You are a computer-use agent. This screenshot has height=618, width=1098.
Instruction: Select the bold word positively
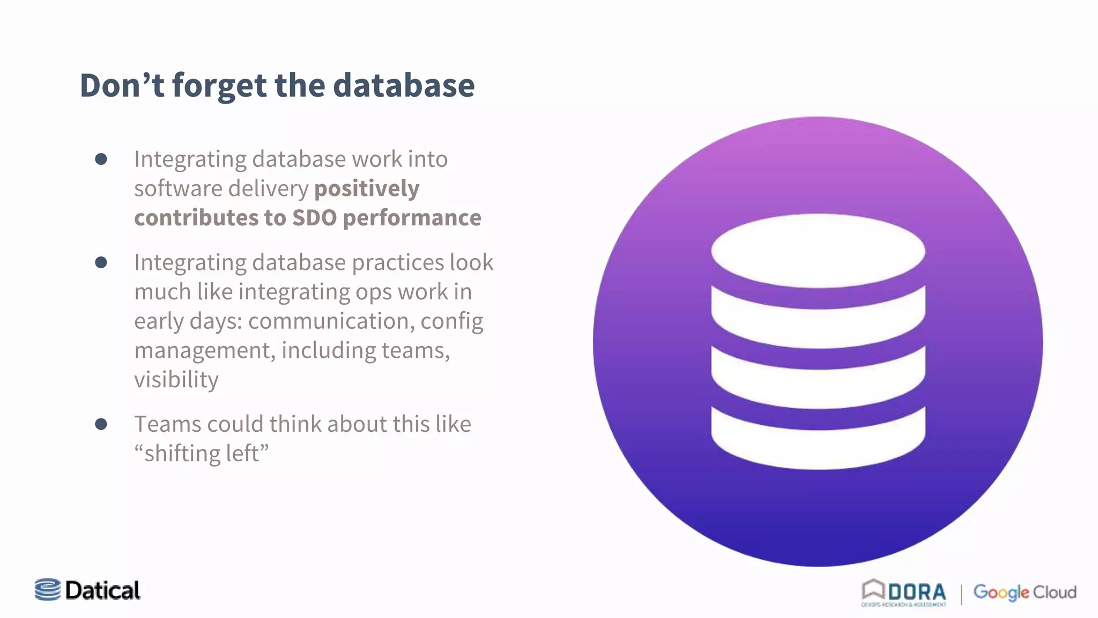[367, 189]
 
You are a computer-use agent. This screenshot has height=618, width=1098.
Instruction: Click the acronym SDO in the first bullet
[314, 218]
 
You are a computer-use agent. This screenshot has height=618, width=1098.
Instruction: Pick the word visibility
[176, 380]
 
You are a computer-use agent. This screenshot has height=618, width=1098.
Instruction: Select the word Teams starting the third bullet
[168, 424]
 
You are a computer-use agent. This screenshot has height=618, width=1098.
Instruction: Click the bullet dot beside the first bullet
[101, 159]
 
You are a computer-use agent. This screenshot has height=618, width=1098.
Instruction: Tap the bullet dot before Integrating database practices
[101, 262]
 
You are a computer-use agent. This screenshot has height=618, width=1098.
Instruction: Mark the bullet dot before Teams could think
[101, 424]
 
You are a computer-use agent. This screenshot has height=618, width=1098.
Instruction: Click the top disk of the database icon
[818, 251]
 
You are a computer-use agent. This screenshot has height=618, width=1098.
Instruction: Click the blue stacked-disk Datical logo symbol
[48, 590]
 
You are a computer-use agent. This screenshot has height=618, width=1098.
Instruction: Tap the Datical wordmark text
[102, 591]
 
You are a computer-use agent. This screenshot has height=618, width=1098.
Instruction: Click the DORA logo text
[916, 592]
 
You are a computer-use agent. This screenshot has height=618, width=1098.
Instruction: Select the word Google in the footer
[1000, 592]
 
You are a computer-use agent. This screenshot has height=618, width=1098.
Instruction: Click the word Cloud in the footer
[1055, 592]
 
